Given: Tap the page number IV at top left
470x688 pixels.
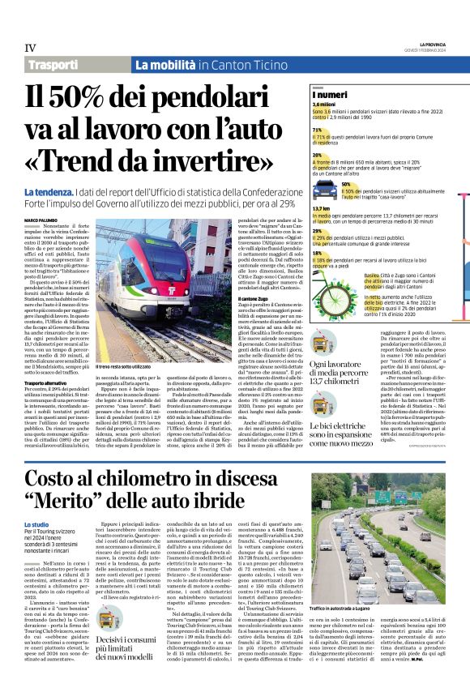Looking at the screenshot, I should [x=29, y=47].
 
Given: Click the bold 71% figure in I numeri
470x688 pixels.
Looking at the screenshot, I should [x=317, y=130].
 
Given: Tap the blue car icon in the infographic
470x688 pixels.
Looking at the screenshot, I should [x=323, y=191].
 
